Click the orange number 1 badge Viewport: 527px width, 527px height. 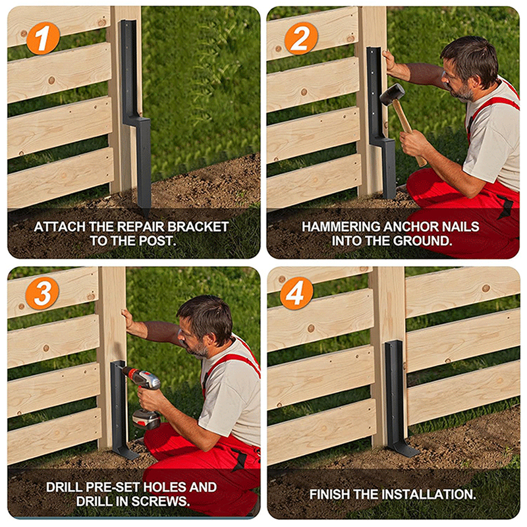[x=43, y=38]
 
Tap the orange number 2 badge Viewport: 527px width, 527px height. [x=301, y=38]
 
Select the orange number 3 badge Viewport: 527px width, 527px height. [x=42, y=292]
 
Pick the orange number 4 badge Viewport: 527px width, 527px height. [x=296, y=292]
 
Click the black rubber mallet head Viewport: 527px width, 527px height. [x=392, y=94]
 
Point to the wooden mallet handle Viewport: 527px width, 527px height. [x=409, y=132]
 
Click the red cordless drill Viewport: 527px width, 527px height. [x=143, y=397]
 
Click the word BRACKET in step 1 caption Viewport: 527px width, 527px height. [x=198, y=227]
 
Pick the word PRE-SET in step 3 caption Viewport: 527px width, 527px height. [x=113, y=487]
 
